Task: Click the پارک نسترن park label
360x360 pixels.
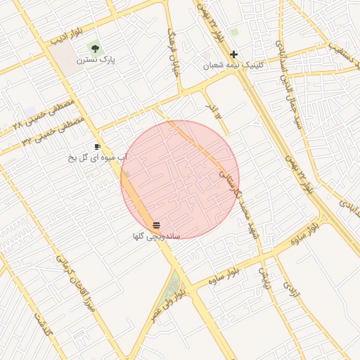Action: pyautogui.click(x=97, y=60)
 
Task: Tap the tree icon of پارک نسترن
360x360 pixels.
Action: pyautogui.click(x=94, y=48)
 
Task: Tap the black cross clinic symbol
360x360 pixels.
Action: pyautogui.click(x=233, y=54)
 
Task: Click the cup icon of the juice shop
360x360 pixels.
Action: pyautogui.click(x=97, y=146)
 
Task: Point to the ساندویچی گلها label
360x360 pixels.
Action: pyautogui.click(x=156, y=236)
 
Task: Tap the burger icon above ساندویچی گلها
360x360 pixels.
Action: pyautogui.click(x=156, y=224)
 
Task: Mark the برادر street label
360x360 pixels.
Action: pyautogui.click(x=212, y=110)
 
